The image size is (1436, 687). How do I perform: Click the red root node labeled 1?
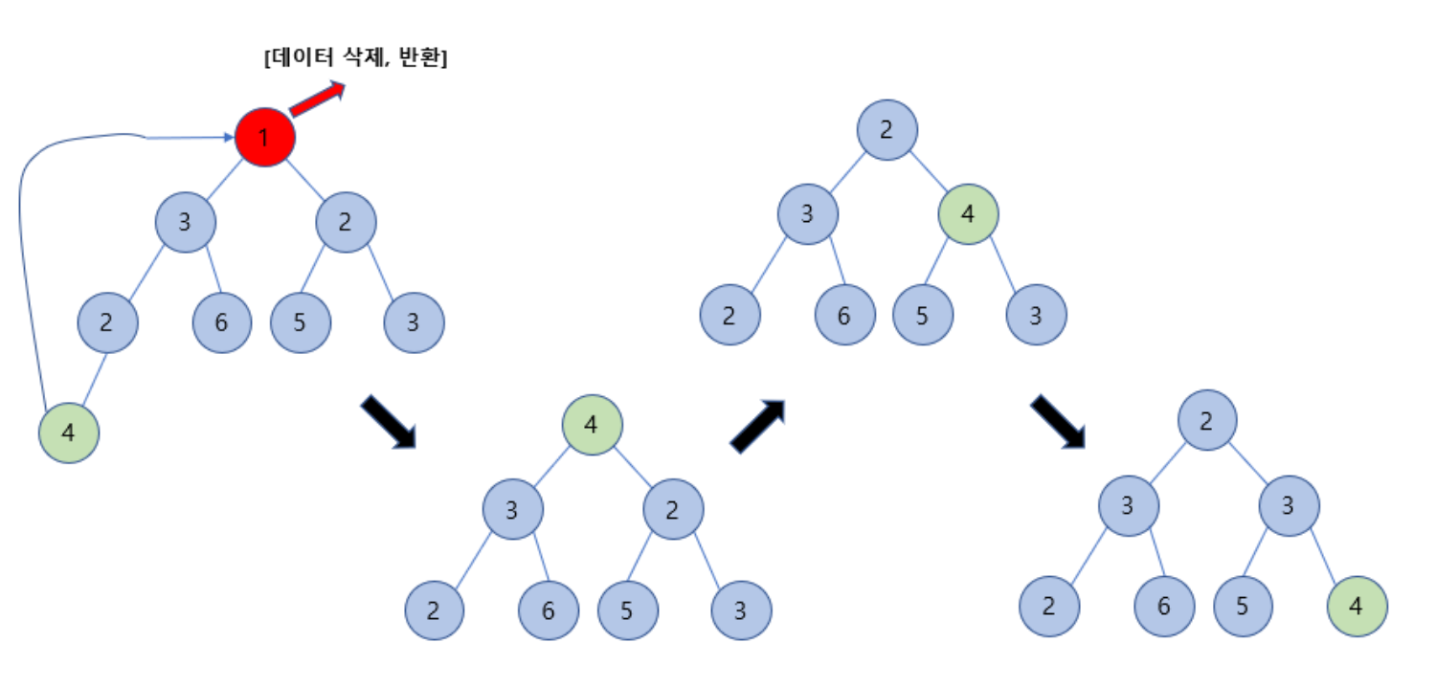[x=265, y=138]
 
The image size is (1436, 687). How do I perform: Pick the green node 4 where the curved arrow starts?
[x=68, y=433]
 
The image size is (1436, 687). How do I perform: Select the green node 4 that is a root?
[x=592, y=424]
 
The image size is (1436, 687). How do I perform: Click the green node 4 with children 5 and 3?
[x=968, y=212]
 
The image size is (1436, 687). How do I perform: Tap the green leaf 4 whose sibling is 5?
[x=1356, y=607]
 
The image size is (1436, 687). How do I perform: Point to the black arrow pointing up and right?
[x=757, y=426]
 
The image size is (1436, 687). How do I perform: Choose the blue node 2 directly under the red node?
[x=346, y=223]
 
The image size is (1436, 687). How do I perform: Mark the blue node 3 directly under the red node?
[x=185, y=223]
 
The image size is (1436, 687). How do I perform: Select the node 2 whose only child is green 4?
[x=107, y=321]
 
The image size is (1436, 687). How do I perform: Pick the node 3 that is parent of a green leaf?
[x=1289, y=505]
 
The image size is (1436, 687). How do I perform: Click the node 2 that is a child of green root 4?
[x=672, y=509]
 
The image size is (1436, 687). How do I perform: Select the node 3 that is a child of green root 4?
[x=512, y=509]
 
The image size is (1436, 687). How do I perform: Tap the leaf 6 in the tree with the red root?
[x=222, y=321]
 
